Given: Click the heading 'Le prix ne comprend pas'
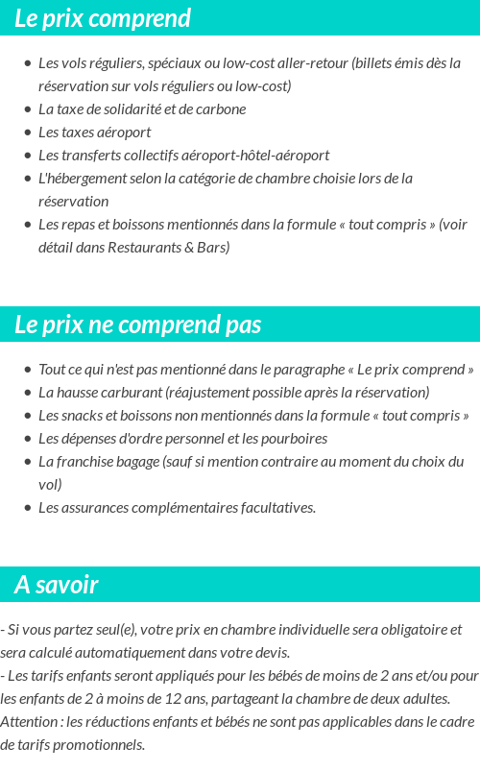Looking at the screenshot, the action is pyautogui.click(x=137, y=325).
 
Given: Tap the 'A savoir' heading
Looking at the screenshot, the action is pyautogui.click(x=57, y=585).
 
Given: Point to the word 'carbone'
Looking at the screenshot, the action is pyautogui.click(x=222, y=109).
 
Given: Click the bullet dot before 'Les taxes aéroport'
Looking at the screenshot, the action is pyautogui.click(x=27, y=133).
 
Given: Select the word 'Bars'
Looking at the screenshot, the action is pyautogui.click(x=214, y=248).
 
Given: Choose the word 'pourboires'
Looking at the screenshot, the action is pyautogui.click(x=293, y=439).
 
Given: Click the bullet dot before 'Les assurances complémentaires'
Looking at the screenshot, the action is pyautogui.click(x=27, y=508).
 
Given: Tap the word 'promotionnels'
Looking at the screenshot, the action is pyautogui.click(x=100, y=745).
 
